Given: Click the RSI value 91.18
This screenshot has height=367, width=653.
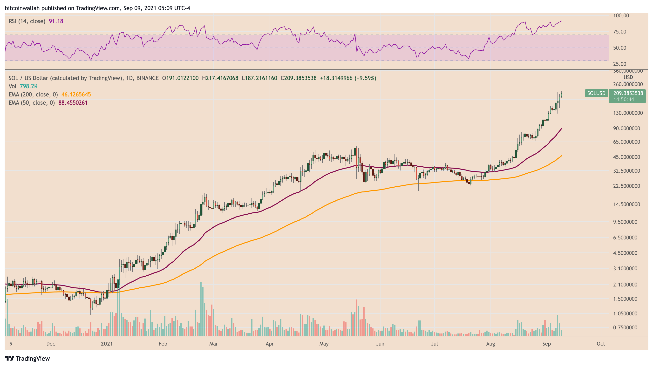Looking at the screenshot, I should coord(56,21).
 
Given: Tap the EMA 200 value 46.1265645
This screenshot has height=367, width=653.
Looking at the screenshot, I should coord(76,95).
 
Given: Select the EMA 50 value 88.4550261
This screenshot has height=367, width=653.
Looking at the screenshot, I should coord(73,103).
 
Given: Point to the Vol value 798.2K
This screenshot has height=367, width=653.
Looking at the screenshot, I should coord(29,86).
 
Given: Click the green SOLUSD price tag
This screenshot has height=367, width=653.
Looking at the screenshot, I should coord(596,93).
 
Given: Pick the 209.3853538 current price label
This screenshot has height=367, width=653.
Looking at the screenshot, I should coord(628,93).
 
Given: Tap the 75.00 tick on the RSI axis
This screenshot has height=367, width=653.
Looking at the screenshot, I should coord(619,32).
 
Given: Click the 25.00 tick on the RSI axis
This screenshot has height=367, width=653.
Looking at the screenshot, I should coord(619,64).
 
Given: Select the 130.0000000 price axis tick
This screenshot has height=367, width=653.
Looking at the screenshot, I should coord(628,113).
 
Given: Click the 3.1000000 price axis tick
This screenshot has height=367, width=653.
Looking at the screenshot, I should coord(625,268).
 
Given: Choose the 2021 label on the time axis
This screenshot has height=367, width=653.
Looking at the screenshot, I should coord(107,344).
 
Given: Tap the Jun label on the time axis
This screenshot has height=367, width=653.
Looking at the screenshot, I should coord(380,344).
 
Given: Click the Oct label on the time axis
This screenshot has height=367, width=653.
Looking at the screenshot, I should coord(601,344).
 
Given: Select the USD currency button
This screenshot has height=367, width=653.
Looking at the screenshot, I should coord(628,77).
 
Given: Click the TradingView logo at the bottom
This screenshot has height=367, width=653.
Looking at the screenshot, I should coord(27,358).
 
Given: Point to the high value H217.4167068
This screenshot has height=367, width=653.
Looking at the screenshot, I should coord(220,78).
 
